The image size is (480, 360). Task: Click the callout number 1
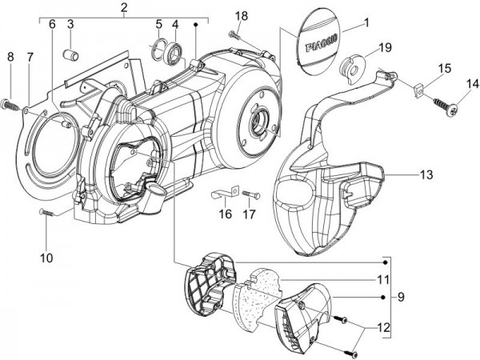(367, 23)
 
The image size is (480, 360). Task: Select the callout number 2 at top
(124, 9)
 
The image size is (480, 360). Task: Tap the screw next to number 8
(12, 103)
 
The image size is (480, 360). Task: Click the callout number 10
(47, 258)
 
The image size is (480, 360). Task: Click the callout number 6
(52, 25)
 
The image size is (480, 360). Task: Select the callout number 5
(158, 25)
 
